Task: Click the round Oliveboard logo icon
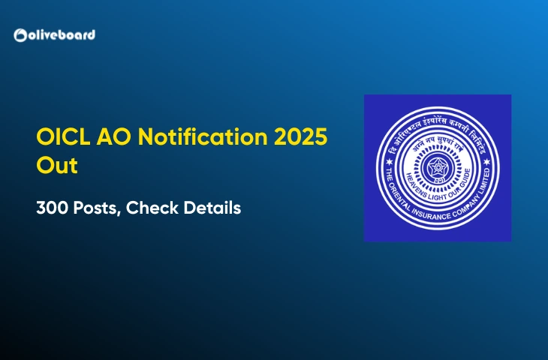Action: click(20, 35)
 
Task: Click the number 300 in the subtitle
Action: click(51, 208)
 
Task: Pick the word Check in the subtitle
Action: click(152, 208)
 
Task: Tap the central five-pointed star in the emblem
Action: click(437, 166)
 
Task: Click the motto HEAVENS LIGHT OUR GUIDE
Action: click(438, 188)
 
